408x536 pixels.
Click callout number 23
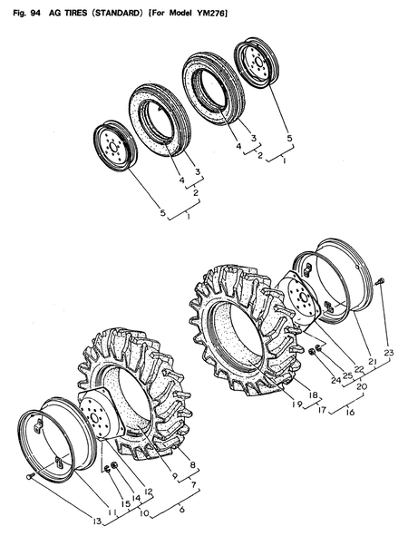tap(389, 354)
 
